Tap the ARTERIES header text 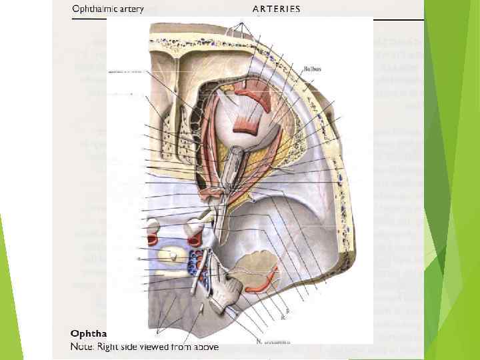276,9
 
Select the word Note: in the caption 83,347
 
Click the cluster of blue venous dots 195,263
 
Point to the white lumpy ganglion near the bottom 223,293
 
